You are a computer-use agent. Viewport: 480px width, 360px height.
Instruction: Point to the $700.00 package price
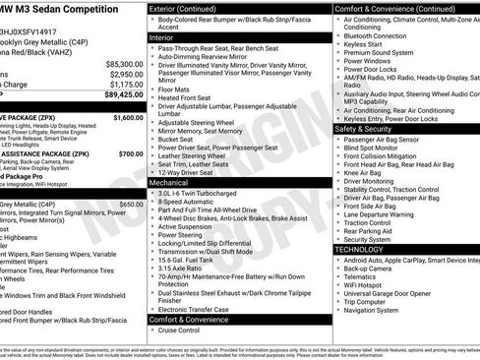tap(131, 153)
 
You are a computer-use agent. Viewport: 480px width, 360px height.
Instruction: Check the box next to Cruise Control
tap(153, 330)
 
